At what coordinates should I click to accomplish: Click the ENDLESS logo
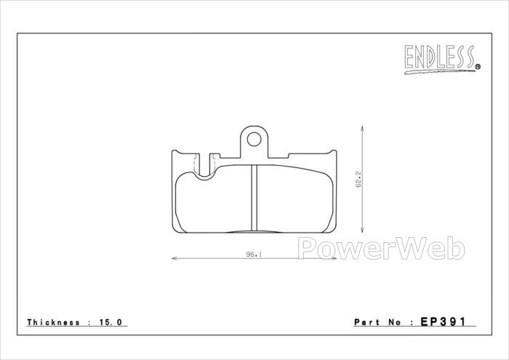442,60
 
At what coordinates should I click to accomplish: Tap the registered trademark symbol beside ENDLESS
478,67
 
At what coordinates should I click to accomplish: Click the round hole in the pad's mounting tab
254,139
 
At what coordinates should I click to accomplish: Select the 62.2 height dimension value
358,180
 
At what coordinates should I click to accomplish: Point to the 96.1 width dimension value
254,255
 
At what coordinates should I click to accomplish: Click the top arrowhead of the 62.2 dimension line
362,129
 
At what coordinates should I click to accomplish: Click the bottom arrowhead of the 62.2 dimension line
362,230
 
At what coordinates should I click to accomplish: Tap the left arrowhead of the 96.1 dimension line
175,258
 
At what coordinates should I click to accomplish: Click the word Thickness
54,322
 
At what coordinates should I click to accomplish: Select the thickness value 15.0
111,322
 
